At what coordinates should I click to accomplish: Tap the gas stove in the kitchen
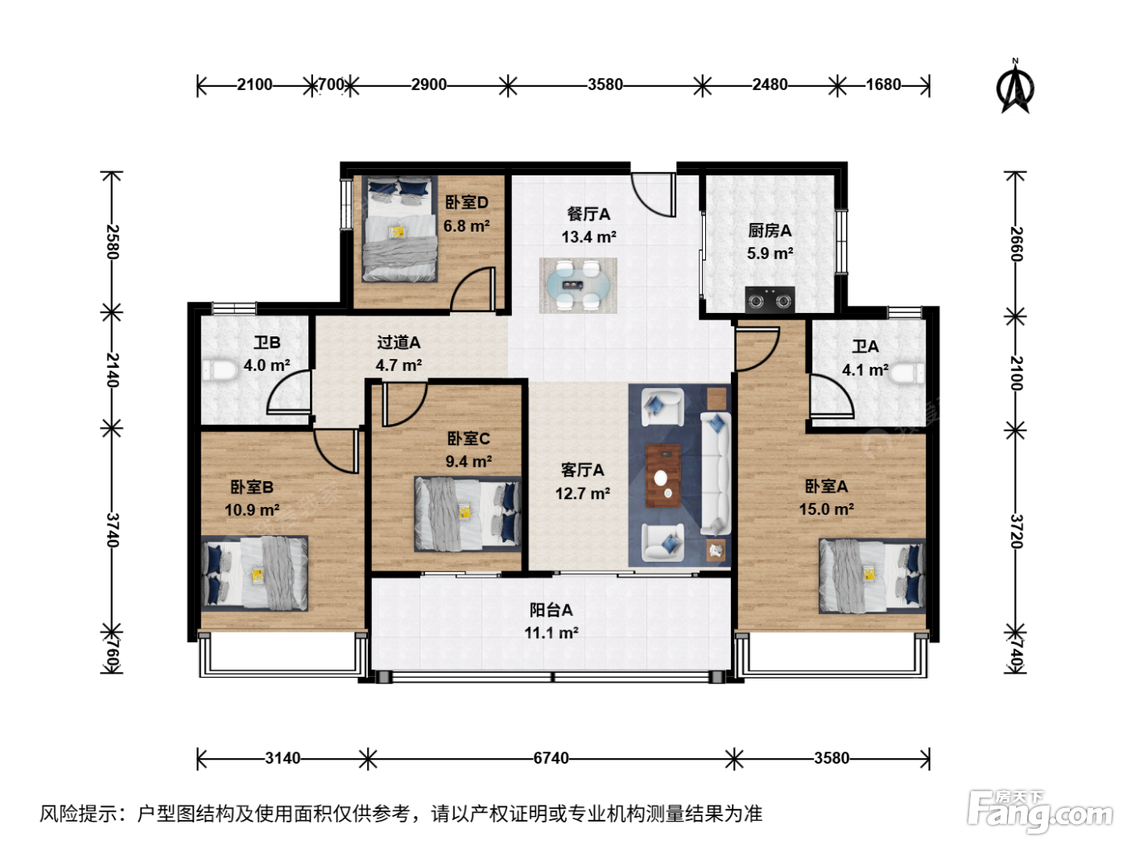coord(770,299)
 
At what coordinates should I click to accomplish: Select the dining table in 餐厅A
coord(578,285)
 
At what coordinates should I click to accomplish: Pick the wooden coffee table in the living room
coord(663,476)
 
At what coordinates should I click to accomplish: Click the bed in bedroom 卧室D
coord(399,229)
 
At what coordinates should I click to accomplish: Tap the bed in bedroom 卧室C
coord(467,514)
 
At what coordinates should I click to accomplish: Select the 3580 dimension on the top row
coord(605,84)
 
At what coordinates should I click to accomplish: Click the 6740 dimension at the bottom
coord(551,758)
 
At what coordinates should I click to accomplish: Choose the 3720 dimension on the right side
coord(1016,531)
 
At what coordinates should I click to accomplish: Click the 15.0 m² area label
coord(826,509)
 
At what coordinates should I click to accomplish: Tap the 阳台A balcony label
coord(551,610)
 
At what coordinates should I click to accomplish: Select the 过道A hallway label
coord(398,342)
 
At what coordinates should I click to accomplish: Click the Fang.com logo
coord(1040,811)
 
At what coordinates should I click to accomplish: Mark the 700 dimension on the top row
coord(331,84)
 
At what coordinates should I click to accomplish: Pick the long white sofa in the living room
coord(716,473)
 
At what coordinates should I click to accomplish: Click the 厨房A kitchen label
coord(769,231)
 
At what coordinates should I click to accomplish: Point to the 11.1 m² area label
coord(551,633)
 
